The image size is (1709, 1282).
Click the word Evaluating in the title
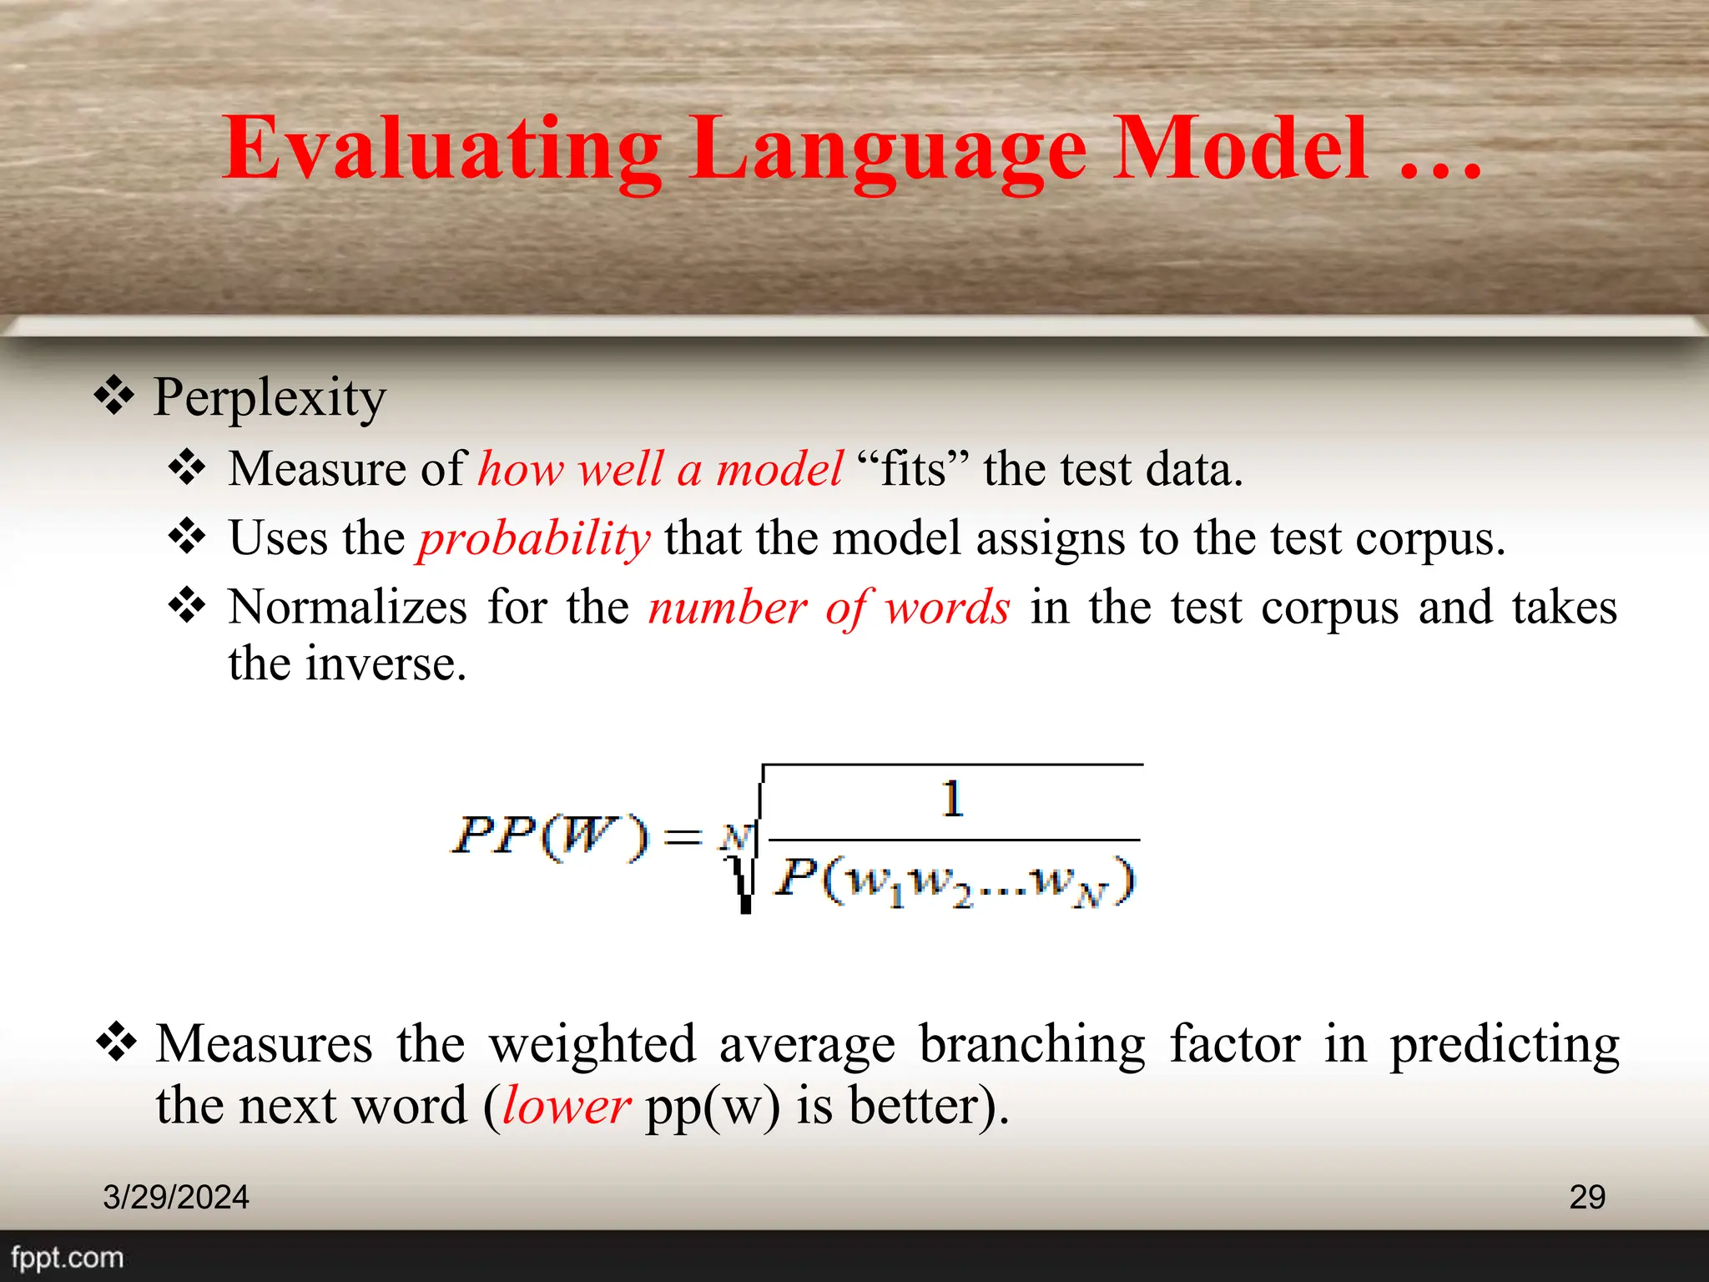(x=442, y=150)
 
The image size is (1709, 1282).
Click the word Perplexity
(x=270, y=397)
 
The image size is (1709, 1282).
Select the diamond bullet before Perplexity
(x=114, y=396)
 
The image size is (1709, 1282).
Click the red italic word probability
(x=534, y=538)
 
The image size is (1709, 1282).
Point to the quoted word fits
(x=914, y=468)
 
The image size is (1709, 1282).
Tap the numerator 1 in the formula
(x=952, y=799)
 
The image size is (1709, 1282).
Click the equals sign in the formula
(x=683, y=836)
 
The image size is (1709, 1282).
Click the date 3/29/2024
(x=176, y=1197)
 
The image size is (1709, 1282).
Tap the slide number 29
(x=1586, y=1197)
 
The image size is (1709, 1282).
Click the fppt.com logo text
(x=67, y=1258)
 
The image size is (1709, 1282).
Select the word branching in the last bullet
(x=1032, y=1044)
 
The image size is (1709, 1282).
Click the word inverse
(x=385, y=664)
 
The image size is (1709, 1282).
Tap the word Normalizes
(x=346, y=607)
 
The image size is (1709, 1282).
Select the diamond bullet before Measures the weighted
(x=117, y=1042)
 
